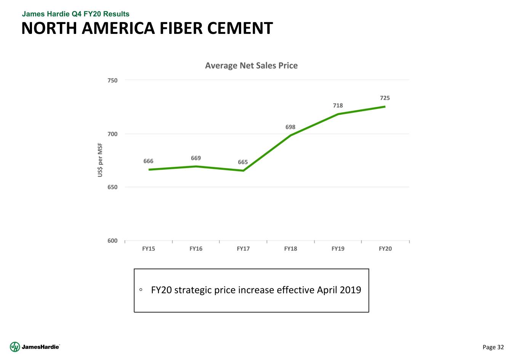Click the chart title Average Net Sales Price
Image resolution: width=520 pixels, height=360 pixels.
point(251,66)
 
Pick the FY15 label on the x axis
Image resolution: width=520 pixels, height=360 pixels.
point(149,249)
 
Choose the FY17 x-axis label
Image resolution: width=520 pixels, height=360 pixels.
point(243,249)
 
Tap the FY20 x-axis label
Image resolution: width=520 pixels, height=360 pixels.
point(385,249)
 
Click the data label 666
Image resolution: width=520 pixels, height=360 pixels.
point(148,161)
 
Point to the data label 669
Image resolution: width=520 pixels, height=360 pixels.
point(196,158)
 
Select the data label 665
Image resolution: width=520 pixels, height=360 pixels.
point(243,162)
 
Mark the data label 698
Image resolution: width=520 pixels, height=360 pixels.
point(290,127)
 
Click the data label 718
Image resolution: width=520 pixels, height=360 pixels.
point(338,106)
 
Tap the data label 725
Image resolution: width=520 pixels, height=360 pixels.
point(385,98)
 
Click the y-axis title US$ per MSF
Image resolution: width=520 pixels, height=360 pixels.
point(100,160)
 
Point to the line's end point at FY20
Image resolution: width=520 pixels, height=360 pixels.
point(385,107)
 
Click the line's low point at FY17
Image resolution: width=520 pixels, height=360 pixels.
point(243,171)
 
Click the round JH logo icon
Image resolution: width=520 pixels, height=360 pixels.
point(15,347)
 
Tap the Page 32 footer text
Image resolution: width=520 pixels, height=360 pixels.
point(493,347)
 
